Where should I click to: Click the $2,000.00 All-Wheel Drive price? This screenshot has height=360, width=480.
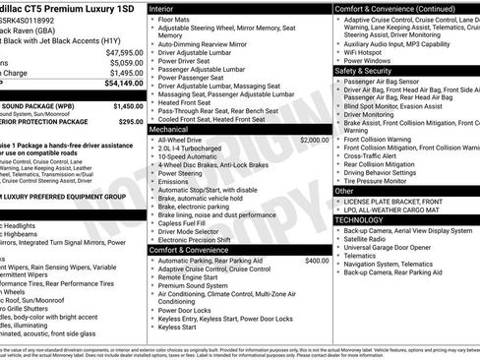pos(314,140)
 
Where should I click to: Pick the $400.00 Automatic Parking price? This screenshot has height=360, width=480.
pos(317,261)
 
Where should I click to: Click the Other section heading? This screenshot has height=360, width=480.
pos(346,191)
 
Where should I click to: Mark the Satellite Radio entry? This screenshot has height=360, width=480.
pos(365,238)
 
